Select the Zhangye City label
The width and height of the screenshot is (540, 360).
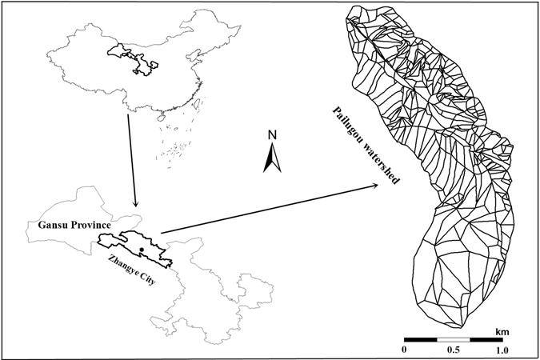pos(134,270)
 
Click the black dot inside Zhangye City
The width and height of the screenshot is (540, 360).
pos(141,250)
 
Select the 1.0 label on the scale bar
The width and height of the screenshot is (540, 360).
pos(501,350)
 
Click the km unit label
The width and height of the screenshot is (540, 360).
pos(502,330)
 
